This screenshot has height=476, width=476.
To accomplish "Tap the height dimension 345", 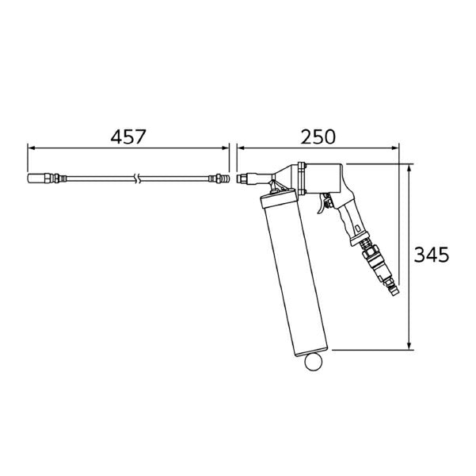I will coord(433,256).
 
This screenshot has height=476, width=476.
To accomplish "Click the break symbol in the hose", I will coord(139,178).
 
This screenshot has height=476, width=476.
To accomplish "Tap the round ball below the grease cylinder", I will coord(314,363).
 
